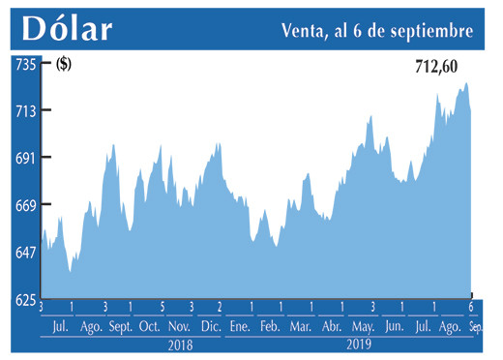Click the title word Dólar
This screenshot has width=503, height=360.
[x=67, y=29]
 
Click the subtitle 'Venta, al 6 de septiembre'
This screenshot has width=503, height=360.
[x=377, y=31]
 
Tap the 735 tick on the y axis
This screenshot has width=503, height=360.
[x=24, y=64]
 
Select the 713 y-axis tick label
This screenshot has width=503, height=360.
[x=24, y=111]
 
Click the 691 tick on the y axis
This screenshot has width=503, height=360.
[x=24, y=158]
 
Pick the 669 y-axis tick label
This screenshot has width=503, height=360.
[x=24, y=205]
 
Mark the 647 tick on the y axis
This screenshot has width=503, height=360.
[x=24, y=253]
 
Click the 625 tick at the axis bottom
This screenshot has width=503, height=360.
[x=24, y=299]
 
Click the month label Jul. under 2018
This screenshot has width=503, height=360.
[x=59, y=327]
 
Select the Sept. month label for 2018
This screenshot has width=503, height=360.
[x=120, y=327]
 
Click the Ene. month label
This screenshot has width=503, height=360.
[x=237, y=327]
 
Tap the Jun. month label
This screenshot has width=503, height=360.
[x=394, y=327]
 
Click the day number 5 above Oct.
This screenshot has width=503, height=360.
[x=163, y=308]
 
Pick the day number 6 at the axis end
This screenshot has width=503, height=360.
[x=471, y=308]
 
